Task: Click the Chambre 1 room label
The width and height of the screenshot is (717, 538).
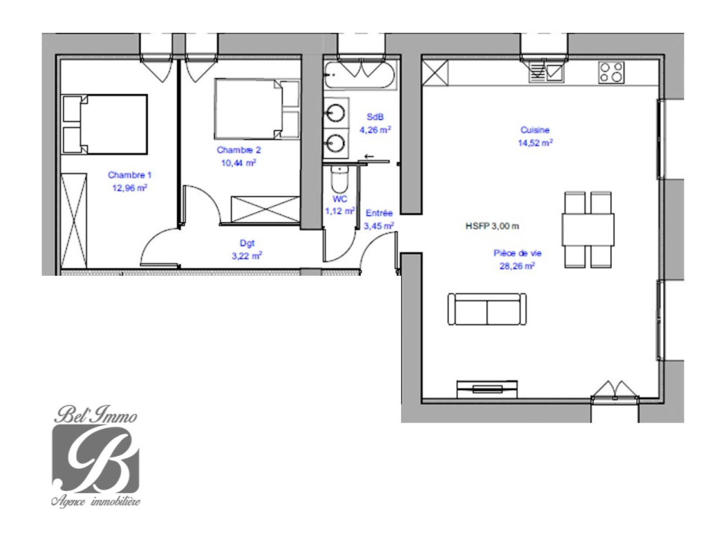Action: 130,175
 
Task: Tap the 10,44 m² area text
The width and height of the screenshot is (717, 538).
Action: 238,163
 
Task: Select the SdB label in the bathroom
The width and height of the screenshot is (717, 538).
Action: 375,117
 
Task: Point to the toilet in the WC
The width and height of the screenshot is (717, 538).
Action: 340,180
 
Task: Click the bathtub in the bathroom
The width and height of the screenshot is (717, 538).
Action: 360,75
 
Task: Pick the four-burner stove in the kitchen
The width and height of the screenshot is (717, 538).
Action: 611,72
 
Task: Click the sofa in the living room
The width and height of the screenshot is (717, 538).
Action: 487,309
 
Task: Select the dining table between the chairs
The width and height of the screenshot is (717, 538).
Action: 588,230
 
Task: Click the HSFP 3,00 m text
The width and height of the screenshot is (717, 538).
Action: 492,226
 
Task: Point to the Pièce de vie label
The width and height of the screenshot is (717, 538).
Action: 518,253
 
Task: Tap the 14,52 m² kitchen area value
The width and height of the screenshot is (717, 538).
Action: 536,143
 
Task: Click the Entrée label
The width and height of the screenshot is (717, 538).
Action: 379,213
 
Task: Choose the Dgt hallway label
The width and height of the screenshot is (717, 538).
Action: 247,243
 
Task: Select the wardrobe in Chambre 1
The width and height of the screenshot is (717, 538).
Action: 74,221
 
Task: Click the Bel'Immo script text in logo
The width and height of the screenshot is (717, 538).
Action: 95,415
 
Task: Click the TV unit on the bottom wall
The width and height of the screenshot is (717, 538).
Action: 487,389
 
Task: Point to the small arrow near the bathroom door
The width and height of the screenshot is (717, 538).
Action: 369,156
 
